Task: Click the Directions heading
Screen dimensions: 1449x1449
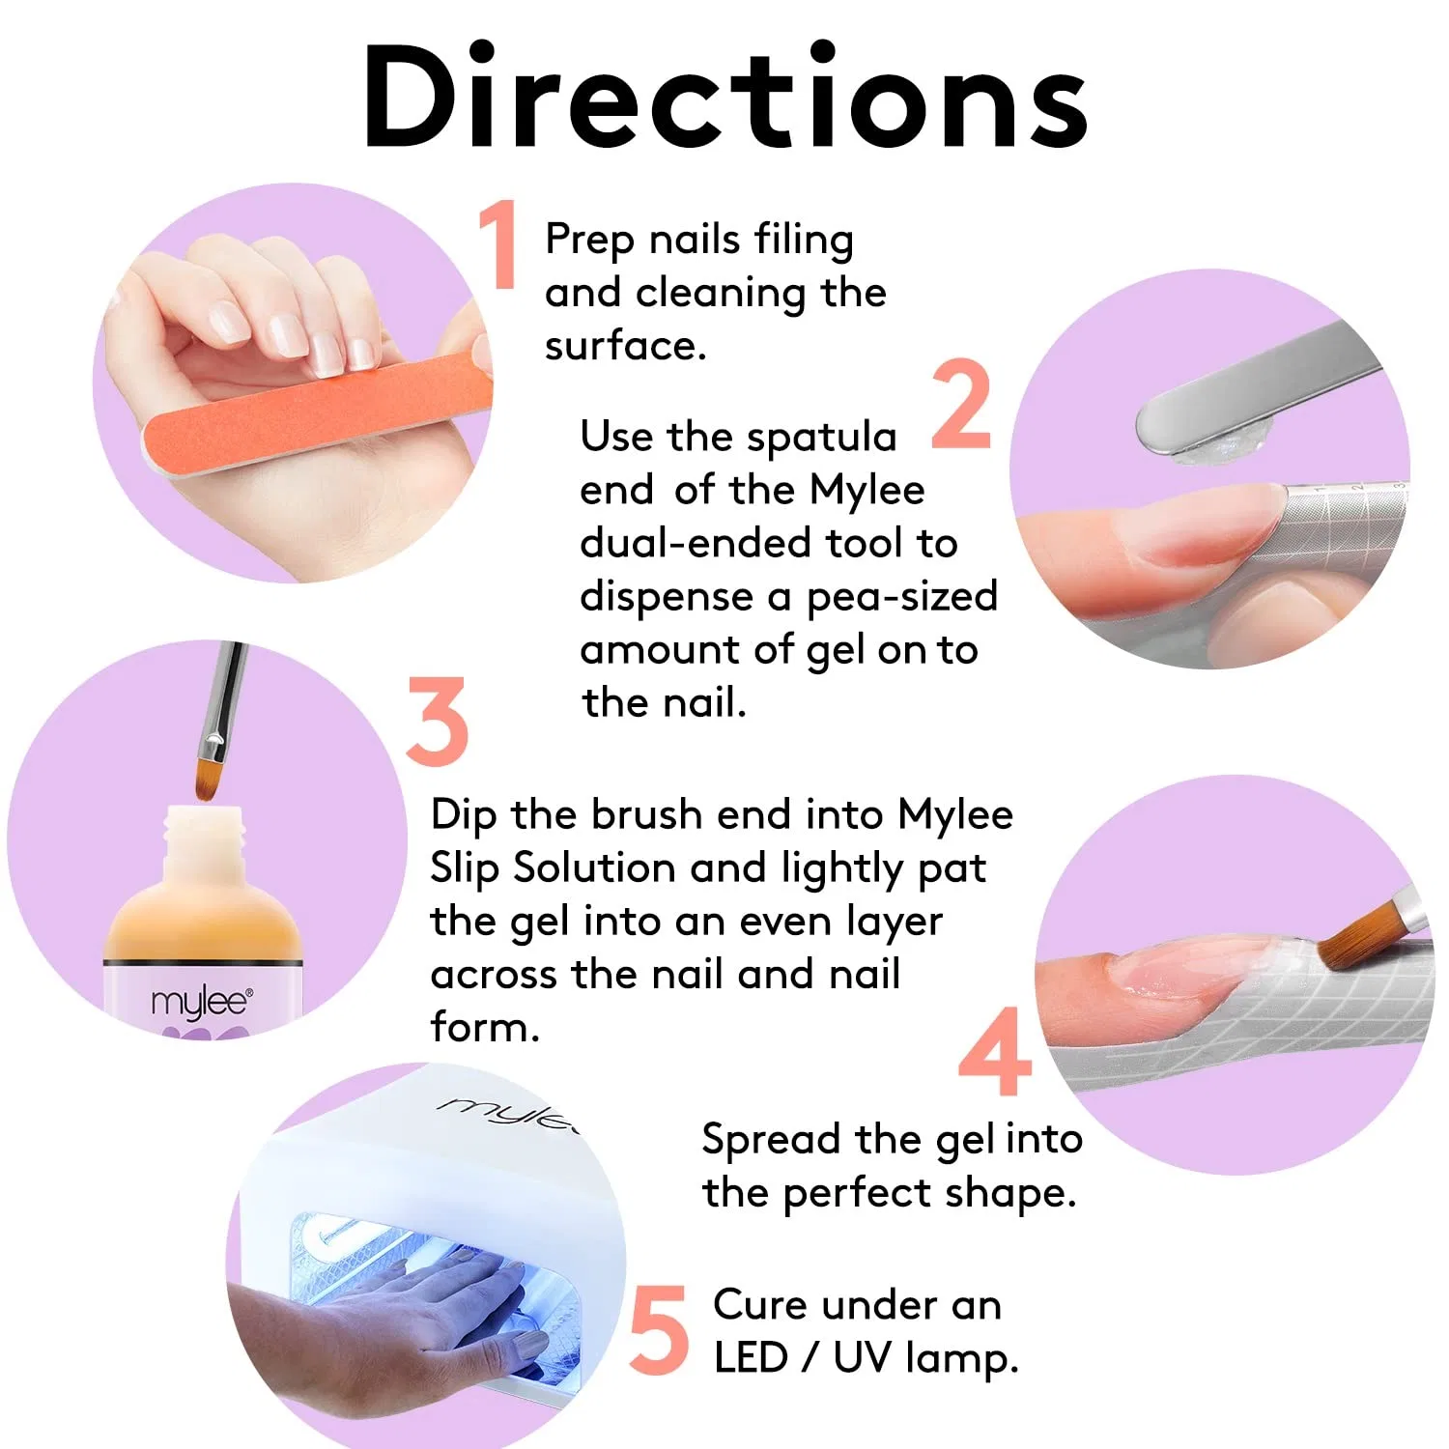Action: (725, 97)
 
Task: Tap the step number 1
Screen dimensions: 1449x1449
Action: (499, 243)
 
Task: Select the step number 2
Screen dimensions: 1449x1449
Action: (962, 404)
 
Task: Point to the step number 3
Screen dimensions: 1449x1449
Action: (437, 721)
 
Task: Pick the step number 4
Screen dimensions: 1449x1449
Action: (995, 1051)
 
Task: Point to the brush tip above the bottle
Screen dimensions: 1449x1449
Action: (206, 781)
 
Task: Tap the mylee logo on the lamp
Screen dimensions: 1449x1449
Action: (508, 1112)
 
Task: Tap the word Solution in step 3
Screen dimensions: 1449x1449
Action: (594, 867)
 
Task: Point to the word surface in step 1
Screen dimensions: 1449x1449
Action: (626, 346)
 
